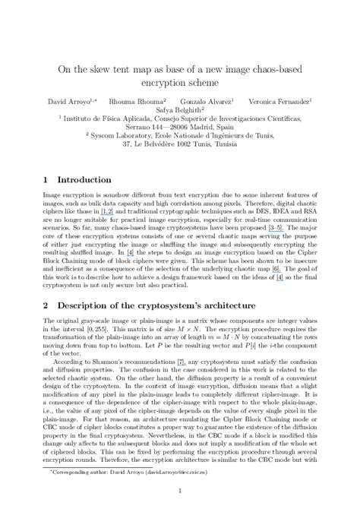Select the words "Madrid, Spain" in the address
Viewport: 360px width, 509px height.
tap(215, 128)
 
